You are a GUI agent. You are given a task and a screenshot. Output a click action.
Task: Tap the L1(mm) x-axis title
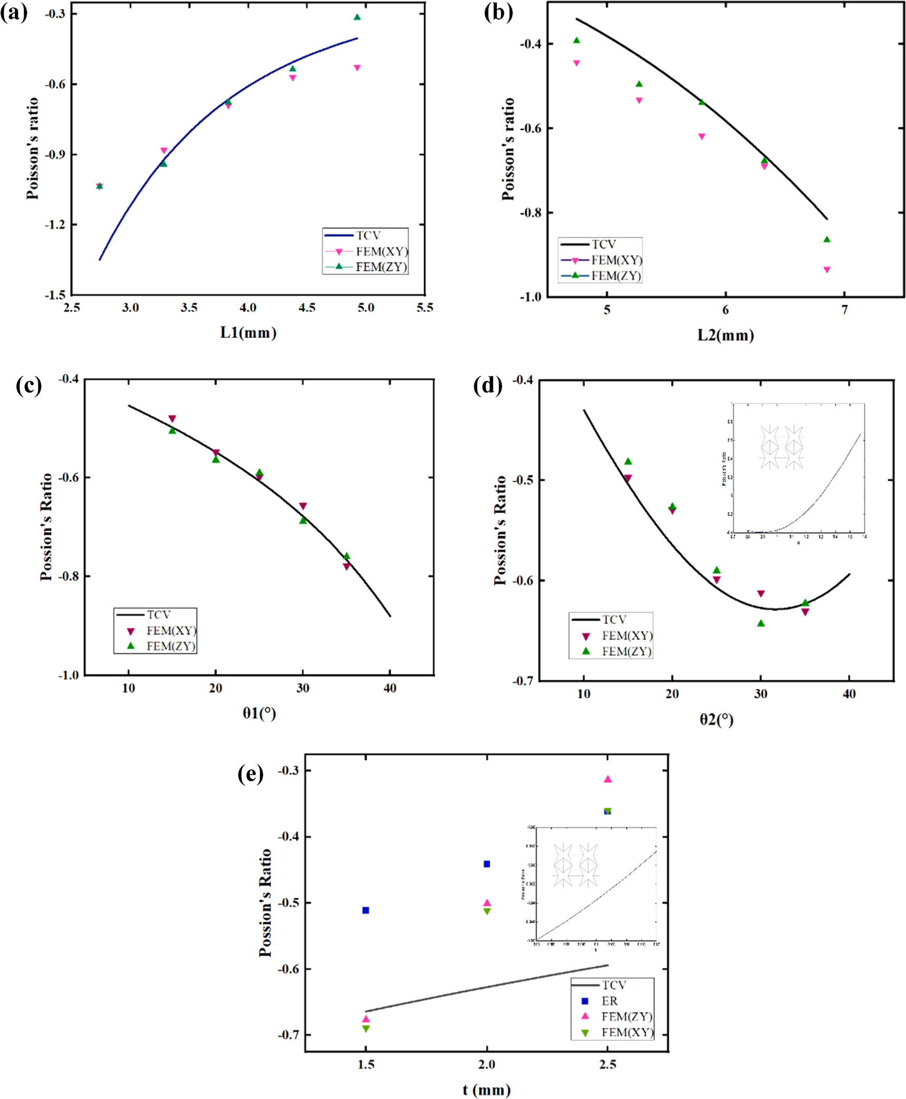point(248,333)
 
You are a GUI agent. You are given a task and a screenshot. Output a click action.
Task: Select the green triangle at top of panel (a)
point(357,17)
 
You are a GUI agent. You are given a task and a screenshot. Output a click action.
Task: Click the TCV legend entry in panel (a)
point(367,235)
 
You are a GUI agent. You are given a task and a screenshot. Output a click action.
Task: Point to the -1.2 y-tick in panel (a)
point(55,225)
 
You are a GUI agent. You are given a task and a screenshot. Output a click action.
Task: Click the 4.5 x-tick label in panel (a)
point(307,308)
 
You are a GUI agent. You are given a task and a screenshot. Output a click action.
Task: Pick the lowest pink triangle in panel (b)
point(827,270)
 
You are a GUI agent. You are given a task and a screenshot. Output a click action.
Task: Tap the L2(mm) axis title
point(725,335)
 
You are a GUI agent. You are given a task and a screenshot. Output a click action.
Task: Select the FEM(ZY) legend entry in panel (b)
point(615,276)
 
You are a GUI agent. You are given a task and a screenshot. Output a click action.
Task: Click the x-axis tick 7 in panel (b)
point(844,310)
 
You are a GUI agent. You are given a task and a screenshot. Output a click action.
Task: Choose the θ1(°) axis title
point(259,713)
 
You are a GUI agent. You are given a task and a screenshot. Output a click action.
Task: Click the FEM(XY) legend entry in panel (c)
point(171,630)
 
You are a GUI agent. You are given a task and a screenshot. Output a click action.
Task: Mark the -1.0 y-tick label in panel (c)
point(68,675)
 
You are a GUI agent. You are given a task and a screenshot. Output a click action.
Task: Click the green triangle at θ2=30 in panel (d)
point(761,623)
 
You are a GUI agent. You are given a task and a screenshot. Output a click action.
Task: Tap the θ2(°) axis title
point(716,719)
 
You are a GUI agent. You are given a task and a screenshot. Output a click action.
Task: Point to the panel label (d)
point(487,385)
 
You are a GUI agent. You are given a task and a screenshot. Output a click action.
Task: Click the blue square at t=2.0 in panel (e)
point(487,864)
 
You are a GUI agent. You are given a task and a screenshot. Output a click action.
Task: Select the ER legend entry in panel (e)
point(609,1001)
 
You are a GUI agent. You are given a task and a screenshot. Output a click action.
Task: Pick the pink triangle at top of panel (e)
point(608,779)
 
